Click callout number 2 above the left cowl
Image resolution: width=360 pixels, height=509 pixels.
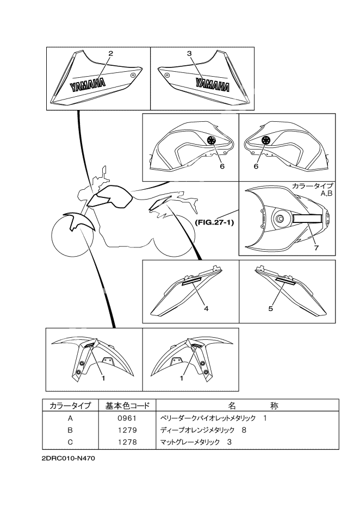(x=110, y=53)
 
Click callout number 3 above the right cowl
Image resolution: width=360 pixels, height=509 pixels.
(x=189, y=53)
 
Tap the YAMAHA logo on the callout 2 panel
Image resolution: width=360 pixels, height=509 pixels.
(x=88, y=85)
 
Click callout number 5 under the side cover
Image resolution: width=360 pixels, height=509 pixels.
(x=270, y=308)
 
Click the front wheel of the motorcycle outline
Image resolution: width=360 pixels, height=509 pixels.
(x=71, y=238)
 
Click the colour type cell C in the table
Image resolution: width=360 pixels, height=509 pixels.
(x=70, y=442)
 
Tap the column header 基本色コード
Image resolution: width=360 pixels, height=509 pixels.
(x=125, y=406)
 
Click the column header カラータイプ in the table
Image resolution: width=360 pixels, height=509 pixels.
(x=70, y=406)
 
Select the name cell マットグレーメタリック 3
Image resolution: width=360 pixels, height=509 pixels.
(x=196, y=442)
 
